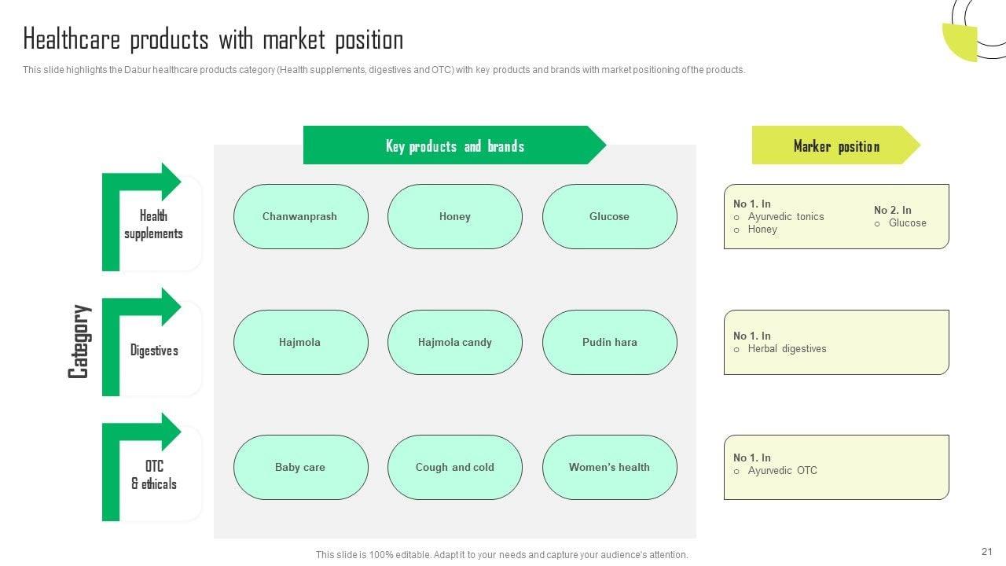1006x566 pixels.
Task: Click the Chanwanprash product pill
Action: point(300,216)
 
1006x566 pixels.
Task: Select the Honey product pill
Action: point(454,216)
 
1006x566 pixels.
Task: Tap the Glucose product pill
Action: point(609,216)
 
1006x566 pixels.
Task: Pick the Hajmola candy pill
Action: point(454,342)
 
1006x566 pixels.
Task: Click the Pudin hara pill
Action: point(609,342)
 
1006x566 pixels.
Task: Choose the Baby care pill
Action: point(300,467)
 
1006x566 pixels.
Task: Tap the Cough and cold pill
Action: point(454,467)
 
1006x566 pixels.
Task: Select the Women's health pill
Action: point(609,467)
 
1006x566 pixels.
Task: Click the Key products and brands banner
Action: point(454,146)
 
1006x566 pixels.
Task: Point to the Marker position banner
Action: point(835,146)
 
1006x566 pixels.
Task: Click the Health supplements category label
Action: point(153,224)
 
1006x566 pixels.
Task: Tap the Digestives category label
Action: point(154,351)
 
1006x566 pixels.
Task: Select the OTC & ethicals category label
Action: point(154,475)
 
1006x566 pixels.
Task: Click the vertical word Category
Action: point(79,341)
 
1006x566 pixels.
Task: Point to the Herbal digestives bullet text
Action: point(787,349)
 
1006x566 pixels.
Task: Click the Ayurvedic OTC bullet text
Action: point(782,471)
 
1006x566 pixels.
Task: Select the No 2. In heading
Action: point(892,210)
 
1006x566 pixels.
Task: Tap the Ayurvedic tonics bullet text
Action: point(786,217)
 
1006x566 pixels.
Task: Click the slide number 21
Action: point(987,552)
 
